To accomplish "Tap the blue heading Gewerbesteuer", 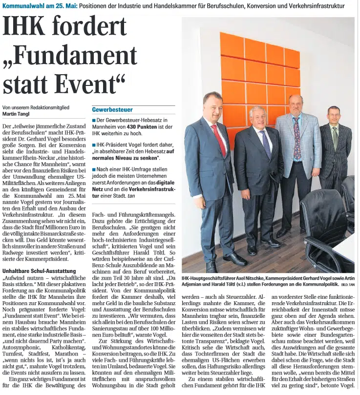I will (x=112, y=109).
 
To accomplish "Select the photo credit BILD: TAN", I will (x=348, y=284).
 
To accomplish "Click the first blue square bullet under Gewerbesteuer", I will (x=94, y=120).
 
